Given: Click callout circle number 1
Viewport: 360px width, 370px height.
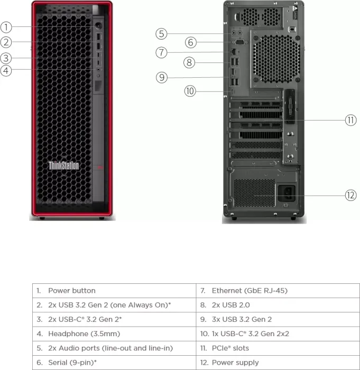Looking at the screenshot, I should tap(6, 27).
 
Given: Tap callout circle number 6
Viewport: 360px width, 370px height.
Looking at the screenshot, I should tap(191, 42).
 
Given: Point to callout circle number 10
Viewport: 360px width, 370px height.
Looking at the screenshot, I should tap(190, 91).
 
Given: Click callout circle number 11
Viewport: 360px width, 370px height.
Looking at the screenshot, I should tap(351, 120).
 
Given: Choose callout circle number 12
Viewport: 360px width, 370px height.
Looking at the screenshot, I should tap(351, 195).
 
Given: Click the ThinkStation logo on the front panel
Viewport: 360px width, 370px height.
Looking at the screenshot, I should tap(63, 165).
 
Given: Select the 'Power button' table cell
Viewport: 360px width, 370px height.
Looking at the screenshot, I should tap(114, 291).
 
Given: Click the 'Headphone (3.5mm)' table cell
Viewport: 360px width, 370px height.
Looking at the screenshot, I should tap(114, 334).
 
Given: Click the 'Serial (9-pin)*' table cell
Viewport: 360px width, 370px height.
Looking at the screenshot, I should tap(114, 362).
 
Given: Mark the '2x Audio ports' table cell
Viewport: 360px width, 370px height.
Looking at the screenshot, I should tap(114, 348).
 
